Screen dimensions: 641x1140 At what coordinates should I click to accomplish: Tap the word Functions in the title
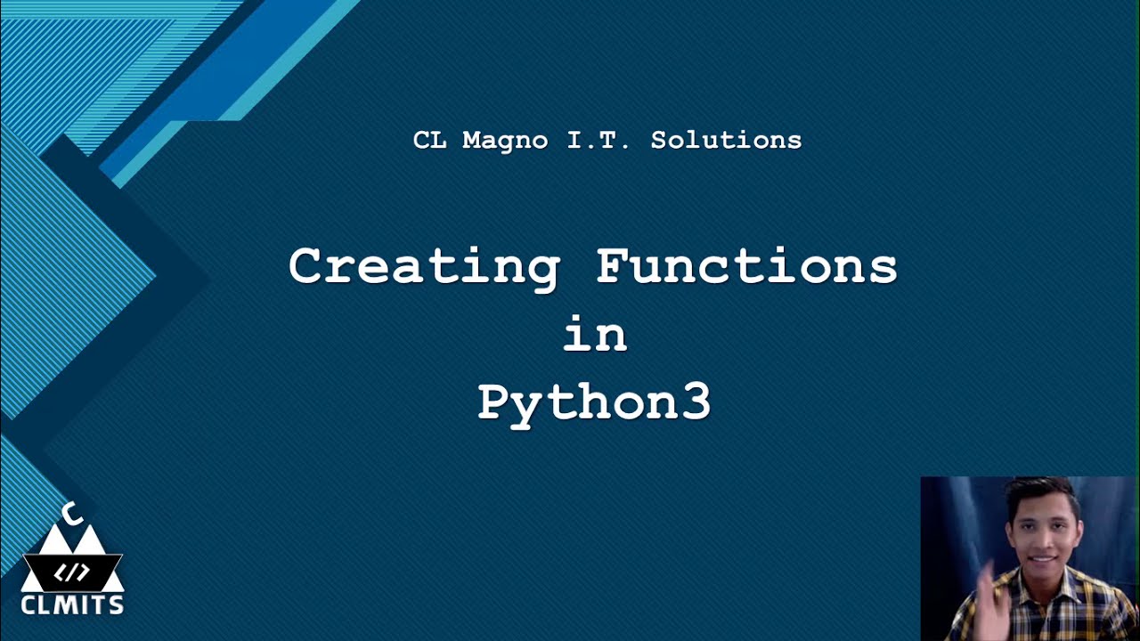747,266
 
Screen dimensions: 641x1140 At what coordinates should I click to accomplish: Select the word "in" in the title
595,336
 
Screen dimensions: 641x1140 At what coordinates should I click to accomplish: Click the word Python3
594,403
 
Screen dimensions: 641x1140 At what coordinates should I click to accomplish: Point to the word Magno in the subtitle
505,140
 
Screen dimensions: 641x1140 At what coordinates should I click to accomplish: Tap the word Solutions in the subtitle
726,140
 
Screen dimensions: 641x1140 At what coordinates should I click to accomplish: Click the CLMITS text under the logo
72,606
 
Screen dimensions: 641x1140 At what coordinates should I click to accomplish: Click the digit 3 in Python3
696,403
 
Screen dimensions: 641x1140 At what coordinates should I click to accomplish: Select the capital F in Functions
613,265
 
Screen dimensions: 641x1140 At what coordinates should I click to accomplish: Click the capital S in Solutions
660,140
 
